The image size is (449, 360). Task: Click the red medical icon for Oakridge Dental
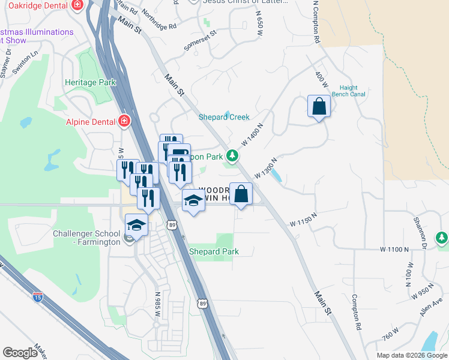pos(77,5)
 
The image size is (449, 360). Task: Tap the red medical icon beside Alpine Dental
pos(124,122)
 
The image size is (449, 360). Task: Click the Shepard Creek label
pos(224,117)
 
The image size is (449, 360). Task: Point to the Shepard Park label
pos(214,251)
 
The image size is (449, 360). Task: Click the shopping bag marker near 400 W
pos(319,107)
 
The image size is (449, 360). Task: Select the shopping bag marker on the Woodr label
pos(241,194)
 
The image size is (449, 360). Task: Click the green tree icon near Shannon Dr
pos(442,238)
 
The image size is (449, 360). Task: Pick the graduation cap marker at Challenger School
pos(136,225)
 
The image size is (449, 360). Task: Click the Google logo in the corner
pos(20,353)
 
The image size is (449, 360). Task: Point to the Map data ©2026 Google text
pos(411,355)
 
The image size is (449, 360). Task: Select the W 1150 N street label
pos(303,223)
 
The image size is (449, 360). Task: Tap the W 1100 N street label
pos(394,248)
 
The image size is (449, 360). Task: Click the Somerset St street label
pos(200,45)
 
